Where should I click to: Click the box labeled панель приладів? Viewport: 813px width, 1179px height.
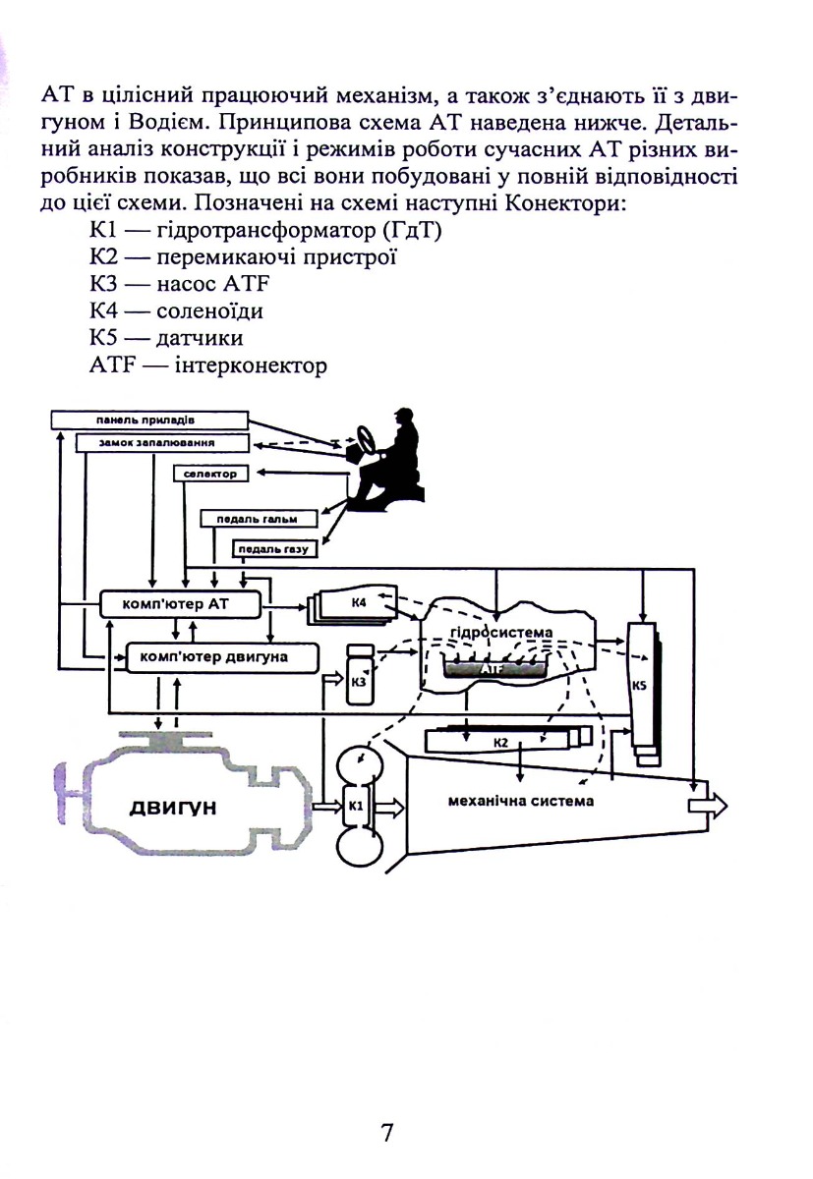click(149, 421)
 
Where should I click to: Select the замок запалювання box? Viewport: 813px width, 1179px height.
click(162, 443)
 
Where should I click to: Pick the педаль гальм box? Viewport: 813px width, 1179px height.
click(260, 519)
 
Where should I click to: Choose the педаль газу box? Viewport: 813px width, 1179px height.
click(275, 549)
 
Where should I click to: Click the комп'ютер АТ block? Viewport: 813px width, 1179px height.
click(180, 603)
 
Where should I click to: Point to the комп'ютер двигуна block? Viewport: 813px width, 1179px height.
click(221, 657)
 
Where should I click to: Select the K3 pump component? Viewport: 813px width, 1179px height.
click(360, 674)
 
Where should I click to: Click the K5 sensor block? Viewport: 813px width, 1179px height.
click(643, 694)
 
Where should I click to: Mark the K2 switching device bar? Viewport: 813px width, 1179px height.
click(508, 740)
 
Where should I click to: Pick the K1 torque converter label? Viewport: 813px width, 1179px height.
click(356, 806)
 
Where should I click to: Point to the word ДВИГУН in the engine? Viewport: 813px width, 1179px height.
click(173, 808)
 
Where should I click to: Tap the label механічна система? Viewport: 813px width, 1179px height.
click(520, 801)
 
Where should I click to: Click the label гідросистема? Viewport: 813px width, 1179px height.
click(501, 632)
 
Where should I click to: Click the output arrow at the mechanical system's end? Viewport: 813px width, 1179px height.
click(708, 806)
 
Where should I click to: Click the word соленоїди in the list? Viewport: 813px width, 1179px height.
click(209, 310)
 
